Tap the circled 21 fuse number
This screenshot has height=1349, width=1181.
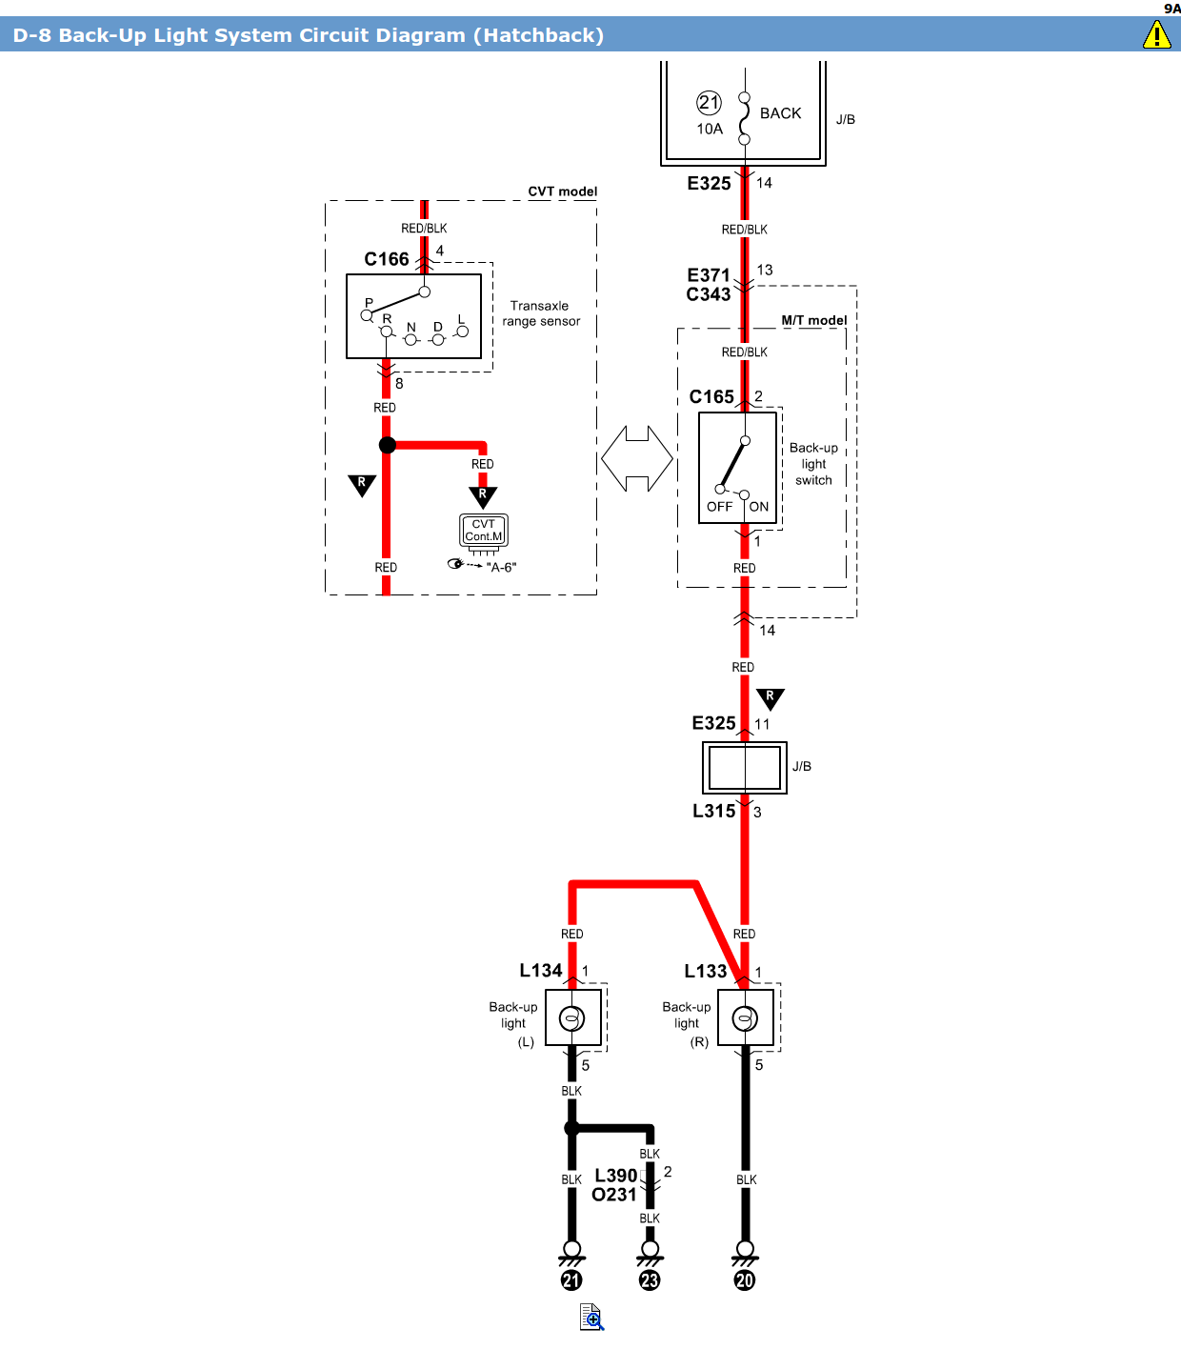(x=709, y=102)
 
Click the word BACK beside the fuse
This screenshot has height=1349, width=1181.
(x=780, y=112)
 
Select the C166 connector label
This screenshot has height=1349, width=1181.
(x=387, y=259)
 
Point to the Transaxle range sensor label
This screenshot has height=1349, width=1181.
(x=540, y=313)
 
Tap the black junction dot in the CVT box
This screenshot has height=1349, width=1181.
(x=388, y=445)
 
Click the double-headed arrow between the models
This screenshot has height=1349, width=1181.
(x=636, y=458)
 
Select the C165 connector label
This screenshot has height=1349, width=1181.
(x=711, y=396)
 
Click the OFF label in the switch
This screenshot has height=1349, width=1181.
(x=719, y=507)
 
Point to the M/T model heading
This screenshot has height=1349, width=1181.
(x=814, y=320)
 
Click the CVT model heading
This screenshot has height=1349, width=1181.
(x=562, y=191)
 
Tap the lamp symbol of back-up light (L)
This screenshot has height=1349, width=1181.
(x=571, y=1018)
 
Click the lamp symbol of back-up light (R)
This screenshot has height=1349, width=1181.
(x=745, y=1018)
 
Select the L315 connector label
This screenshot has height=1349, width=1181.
(x=713, y=811)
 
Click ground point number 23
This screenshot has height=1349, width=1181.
(x=650, y=1280)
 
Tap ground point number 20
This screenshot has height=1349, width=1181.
(x=745, y=1280)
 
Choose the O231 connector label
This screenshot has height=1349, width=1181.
(x=614, y=1195)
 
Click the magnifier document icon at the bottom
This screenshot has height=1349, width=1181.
(x=591, y=1317)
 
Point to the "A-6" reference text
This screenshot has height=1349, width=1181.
(x=501, y=567)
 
